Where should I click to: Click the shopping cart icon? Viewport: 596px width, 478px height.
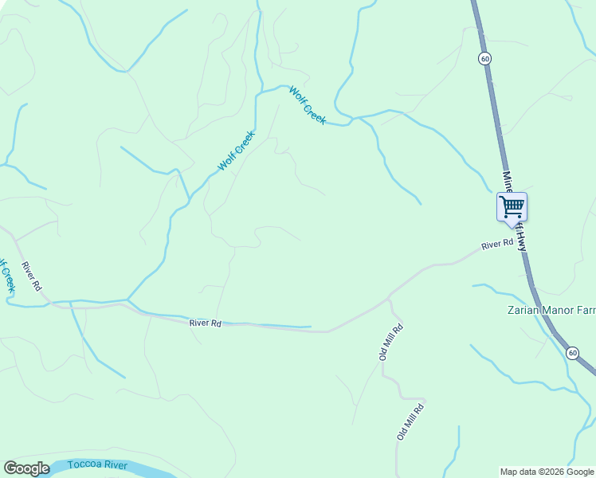512,207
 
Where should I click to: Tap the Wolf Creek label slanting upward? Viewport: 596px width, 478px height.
237,151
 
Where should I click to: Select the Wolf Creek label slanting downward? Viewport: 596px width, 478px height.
308,104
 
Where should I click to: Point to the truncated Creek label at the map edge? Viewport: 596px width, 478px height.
6,276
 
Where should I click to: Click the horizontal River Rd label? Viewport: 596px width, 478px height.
205,323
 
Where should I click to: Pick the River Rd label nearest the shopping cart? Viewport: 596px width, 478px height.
497,245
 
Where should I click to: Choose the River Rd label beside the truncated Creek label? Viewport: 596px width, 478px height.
32,276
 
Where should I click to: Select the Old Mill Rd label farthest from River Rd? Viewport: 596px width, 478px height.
410,421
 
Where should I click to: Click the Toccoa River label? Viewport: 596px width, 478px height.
98,464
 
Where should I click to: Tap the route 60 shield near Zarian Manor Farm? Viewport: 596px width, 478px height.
572,352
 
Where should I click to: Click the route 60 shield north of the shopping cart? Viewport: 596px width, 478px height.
484,58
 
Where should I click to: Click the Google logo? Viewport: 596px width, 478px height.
26,468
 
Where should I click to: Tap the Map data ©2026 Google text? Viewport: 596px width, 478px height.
547,472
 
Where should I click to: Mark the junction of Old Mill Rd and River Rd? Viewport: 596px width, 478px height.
389,298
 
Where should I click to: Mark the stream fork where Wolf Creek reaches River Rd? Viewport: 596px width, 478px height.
127,301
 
